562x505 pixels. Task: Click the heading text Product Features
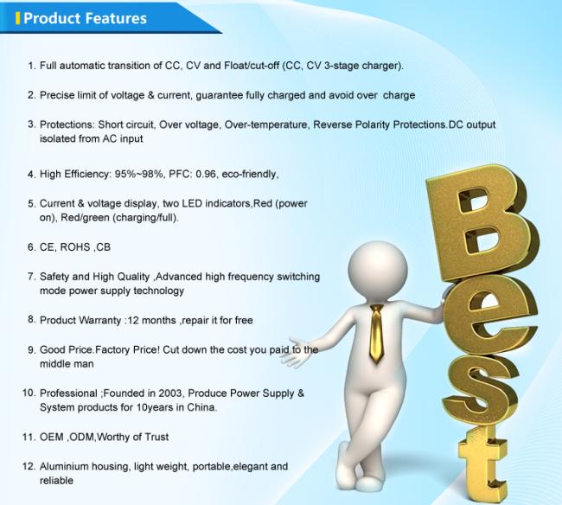click(x=85, y=18)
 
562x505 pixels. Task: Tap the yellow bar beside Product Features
click(x=17, y=18)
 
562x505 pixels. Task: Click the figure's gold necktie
click(x=376, y=333)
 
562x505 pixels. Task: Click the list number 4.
click(x=31, y=175)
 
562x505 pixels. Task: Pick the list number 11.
click(x=29, y=438)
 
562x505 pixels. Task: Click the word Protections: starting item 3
click(x=67, y=125)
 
